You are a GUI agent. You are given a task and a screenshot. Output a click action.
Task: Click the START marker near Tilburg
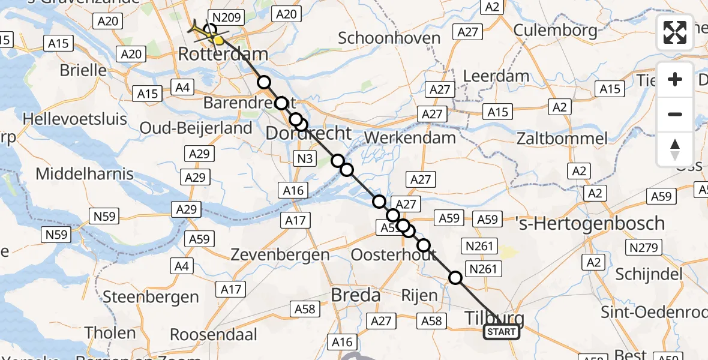click(502, 332)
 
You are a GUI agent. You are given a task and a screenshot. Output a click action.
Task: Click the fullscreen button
click(675, 32)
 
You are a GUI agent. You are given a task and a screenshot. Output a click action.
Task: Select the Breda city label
click(356, 295)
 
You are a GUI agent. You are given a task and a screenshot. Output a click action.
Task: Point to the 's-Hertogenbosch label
click(590, 223)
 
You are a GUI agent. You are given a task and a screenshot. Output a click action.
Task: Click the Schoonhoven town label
click(389, 38)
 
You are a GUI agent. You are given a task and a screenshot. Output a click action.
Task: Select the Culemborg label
click(555, 29)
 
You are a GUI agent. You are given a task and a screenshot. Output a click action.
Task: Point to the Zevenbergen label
click(280, 254)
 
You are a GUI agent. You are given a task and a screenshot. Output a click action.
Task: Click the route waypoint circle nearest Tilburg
click(455, 277)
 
